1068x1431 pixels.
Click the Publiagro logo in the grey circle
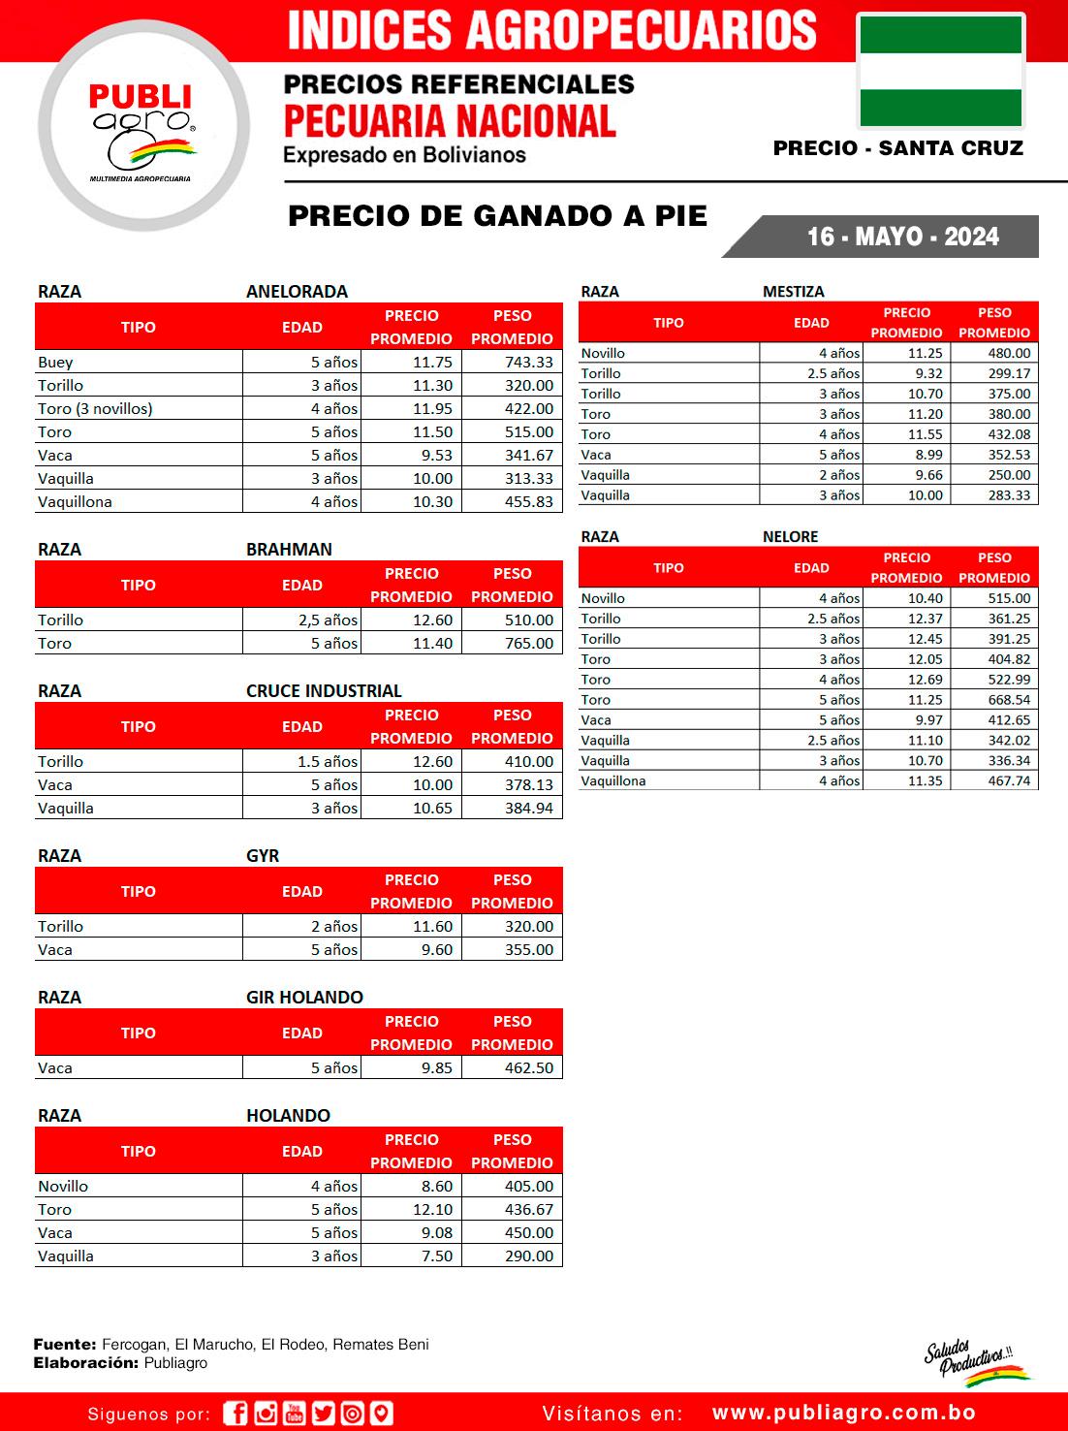point(142,127)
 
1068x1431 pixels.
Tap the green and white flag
point(940,72)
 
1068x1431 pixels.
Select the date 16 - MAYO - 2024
point(902,237)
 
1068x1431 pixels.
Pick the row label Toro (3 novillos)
point(95,408)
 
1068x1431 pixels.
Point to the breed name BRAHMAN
point(289,549)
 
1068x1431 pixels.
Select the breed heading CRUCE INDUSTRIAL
point(324,690)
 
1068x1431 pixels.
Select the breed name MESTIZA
point(793,291)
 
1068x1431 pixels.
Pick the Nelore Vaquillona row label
point(613,780)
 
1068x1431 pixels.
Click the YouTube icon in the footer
point(295,1414)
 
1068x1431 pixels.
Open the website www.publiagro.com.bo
point(843,1413)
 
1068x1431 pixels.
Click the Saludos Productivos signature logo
point(973,1361)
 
